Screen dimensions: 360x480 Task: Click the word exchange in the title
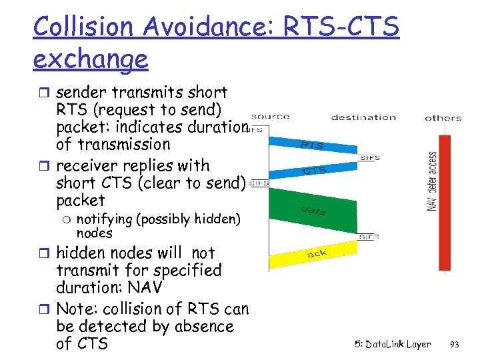click(90, 59)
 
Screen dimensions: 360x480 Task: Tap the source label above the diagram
click(270, 117)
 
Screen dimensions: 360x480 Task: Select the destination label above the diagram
click(363, 117)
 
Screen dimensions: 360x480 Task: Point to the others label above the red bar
click(443, 118)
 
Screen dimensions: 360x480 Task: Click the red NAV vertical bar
click(445, 200)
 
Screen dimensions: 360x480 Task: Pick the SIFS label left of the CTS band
click(260, 183)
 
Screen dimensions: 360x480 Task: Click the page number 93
click(455, 345)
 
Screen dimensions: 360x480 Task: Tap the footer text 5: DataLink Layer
click(393, 345)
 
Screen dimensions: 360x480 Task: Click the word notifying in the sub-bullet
click(107, 219)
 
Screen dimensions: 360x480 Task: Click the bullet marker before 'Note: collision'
click(48, 309)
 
